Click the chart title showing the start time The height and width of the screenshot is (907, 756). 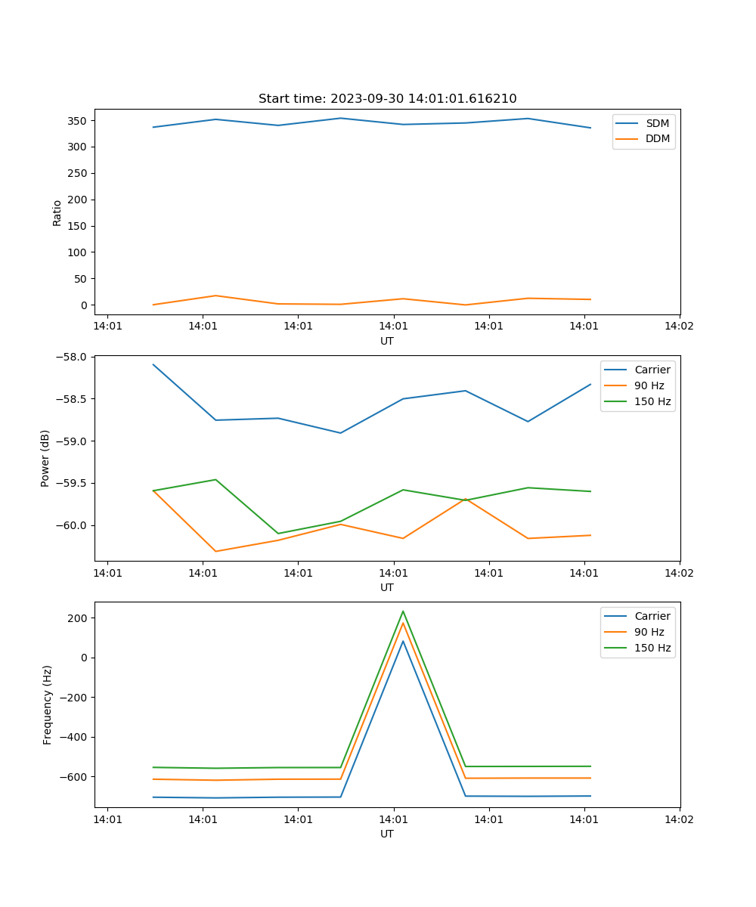pyautogui.click(x=387, y=99)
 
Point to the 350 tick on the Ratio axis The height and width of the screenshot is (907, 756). pyautogui.click(x=79, y=121)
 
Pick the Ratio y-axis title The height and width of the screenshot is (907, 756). pyautogui.click(x=57, y=212)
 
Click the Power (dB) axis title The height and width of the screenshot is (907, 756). pyautogui.click(x=45, y=458)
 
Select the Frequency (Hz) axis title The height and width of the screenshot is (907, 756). pyautogui.click(x=47, y=704)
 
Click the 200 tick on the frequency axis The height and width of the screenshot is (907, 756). pyautogui.click(x=79, y=618)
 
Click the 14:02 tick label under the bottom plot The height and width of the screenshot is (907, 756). pyautogui.click(x=679, y=819)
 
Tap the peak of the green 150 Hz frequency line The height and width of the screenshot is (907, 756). pyautogui.click(x=403, y=611)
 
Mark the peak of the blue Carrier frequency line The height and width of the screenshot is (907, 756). pyautogui.click(x=403, y=641)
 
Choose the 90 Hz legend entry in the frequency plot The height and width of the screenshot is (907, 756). pyautogui.click(x=649, y=632)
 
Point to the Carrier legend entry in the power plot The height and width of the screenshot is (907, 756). pyautogui.click(x=652, y=370)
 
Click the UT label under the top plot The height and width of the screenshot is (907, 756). pyautogui.click(x=387, y=341)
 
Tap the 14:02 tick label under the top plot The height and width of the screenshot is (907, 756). pyautogui.click(x=679, y=327)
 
